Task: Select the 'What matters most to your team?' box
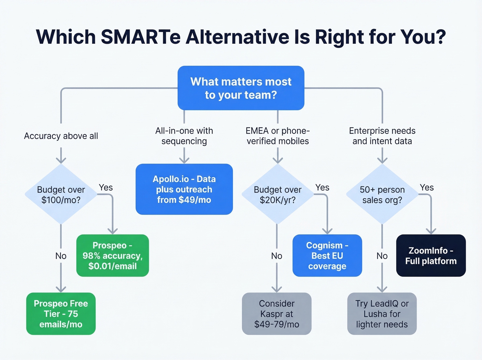click(x=241, y=88)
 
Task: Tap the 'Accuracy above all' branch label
click(x=61, y=136)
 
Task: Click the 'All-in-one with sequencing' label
click(x=184, y=136)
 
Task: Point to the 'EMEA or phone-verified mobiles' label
click(x=277, y=136)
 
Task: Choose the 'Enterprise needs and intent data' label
click(x=382, y=136)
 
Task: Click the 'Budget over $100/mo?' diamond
click(x=61, y=195)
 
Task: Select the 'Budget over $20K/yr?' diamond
click(x=277, y=195)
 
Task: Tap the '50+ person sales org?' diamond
click(x=382, y=195)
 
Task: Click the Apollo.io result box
click(x=184, y=189)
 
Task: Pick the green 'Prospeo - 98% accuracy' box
click(x=113, y=256)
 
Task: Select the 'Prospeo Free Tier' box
click(x=61, y=314)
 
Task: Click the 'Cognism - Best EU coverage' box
click(x=327, y=256)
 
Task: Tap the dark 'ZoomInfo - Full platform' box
click(x=431, y=256)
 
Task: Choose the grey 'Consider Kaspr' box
click(x=277, y=314)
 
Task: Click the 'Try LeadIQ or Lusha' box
click(x=382, y=314)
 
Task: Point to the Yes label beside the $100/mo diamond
click(x=106, y=187)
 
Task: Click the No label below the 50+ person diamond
click(x=382, y=256)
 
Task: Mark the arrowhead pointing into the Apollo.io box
click(x=184, y=160)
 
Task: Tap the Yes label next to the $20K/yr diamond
click(x=322, y=187)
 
